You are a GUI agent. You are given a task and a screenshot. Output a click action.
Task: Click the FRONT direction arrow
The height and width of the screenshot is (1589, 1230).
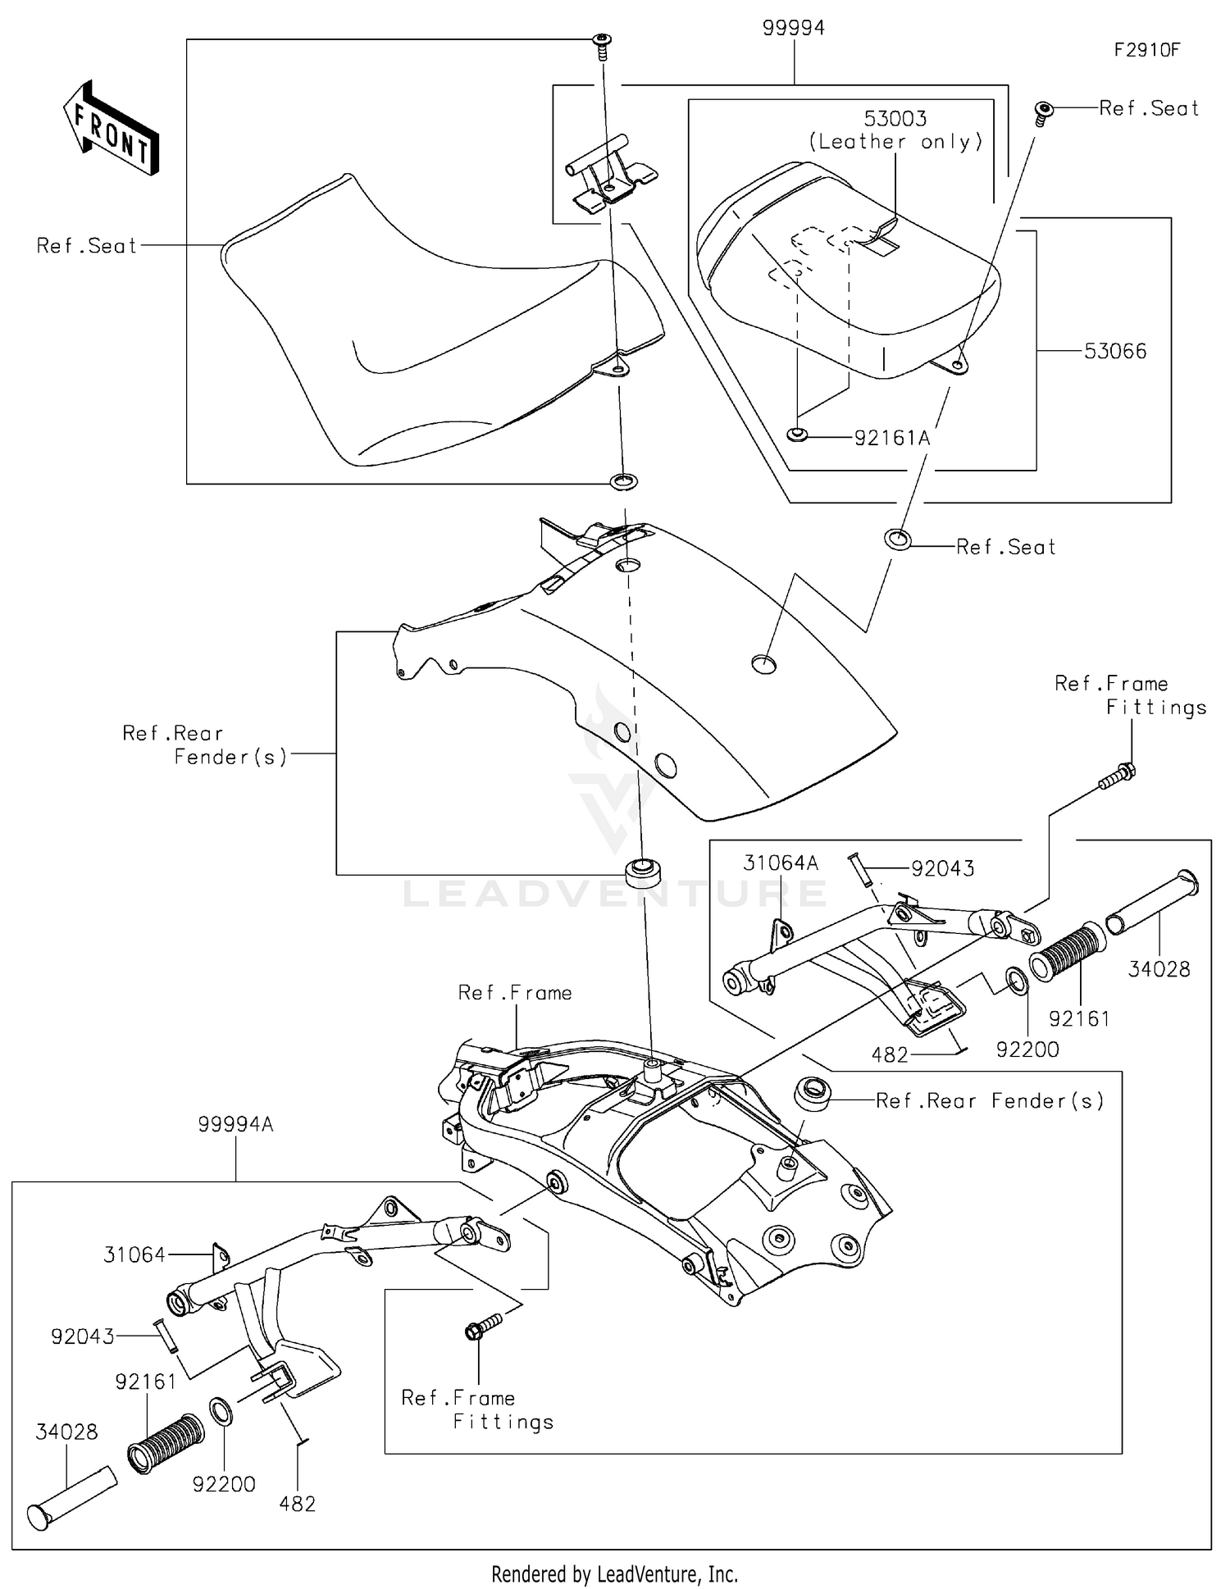[112, 128]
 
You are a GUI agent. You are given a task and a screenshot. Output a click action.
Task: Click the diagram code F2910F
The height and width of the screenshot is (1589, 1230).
[1146, 50]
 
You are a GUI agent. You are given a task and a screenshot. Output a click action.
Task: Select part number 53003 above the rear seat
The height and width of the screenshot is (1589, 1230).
[895, 119]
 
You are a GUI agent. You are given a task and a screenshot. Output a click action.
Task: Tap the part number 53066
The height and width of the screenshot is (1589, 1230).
[1115, 352]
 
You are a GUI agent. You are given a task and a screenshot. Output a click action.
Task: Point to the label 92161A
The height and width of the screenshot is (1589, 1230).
[892, 439]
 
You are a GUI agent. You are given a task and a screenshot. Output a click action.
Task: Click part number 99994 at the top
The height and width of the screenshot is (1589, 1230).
[793, 29]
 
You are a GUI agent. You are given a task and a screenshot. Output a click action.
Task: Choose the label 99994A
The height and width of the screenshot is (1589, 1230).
[235, 1125]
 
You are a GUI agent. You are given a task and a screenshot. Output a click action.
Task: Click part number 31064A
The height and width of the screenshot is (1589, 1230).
[781, 863]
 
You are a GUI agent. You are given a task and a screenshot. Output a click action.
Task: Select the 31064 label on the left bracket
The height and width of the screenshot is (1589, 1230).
[134, 1254]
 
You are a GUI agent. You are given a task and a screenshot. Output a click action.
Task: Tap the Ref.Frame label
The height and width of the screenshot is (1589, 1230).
[515, 993]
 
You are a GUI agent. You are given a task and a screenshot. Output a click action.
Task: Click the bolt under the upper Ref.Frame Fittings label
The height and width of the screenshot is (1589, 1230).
[1117, 776]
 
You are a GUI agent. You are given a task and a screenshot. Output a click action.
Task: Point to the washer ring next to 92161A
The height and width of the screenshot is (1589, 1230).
[796, 435]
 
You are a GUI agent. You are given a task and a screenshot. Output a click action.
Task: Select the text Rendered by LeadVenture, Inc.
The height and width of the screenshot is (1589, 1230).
[614, 1574]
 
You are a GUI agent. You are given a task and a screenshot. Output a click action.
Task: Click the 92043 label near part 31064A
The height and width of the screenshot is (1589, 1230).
[943, 869]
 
